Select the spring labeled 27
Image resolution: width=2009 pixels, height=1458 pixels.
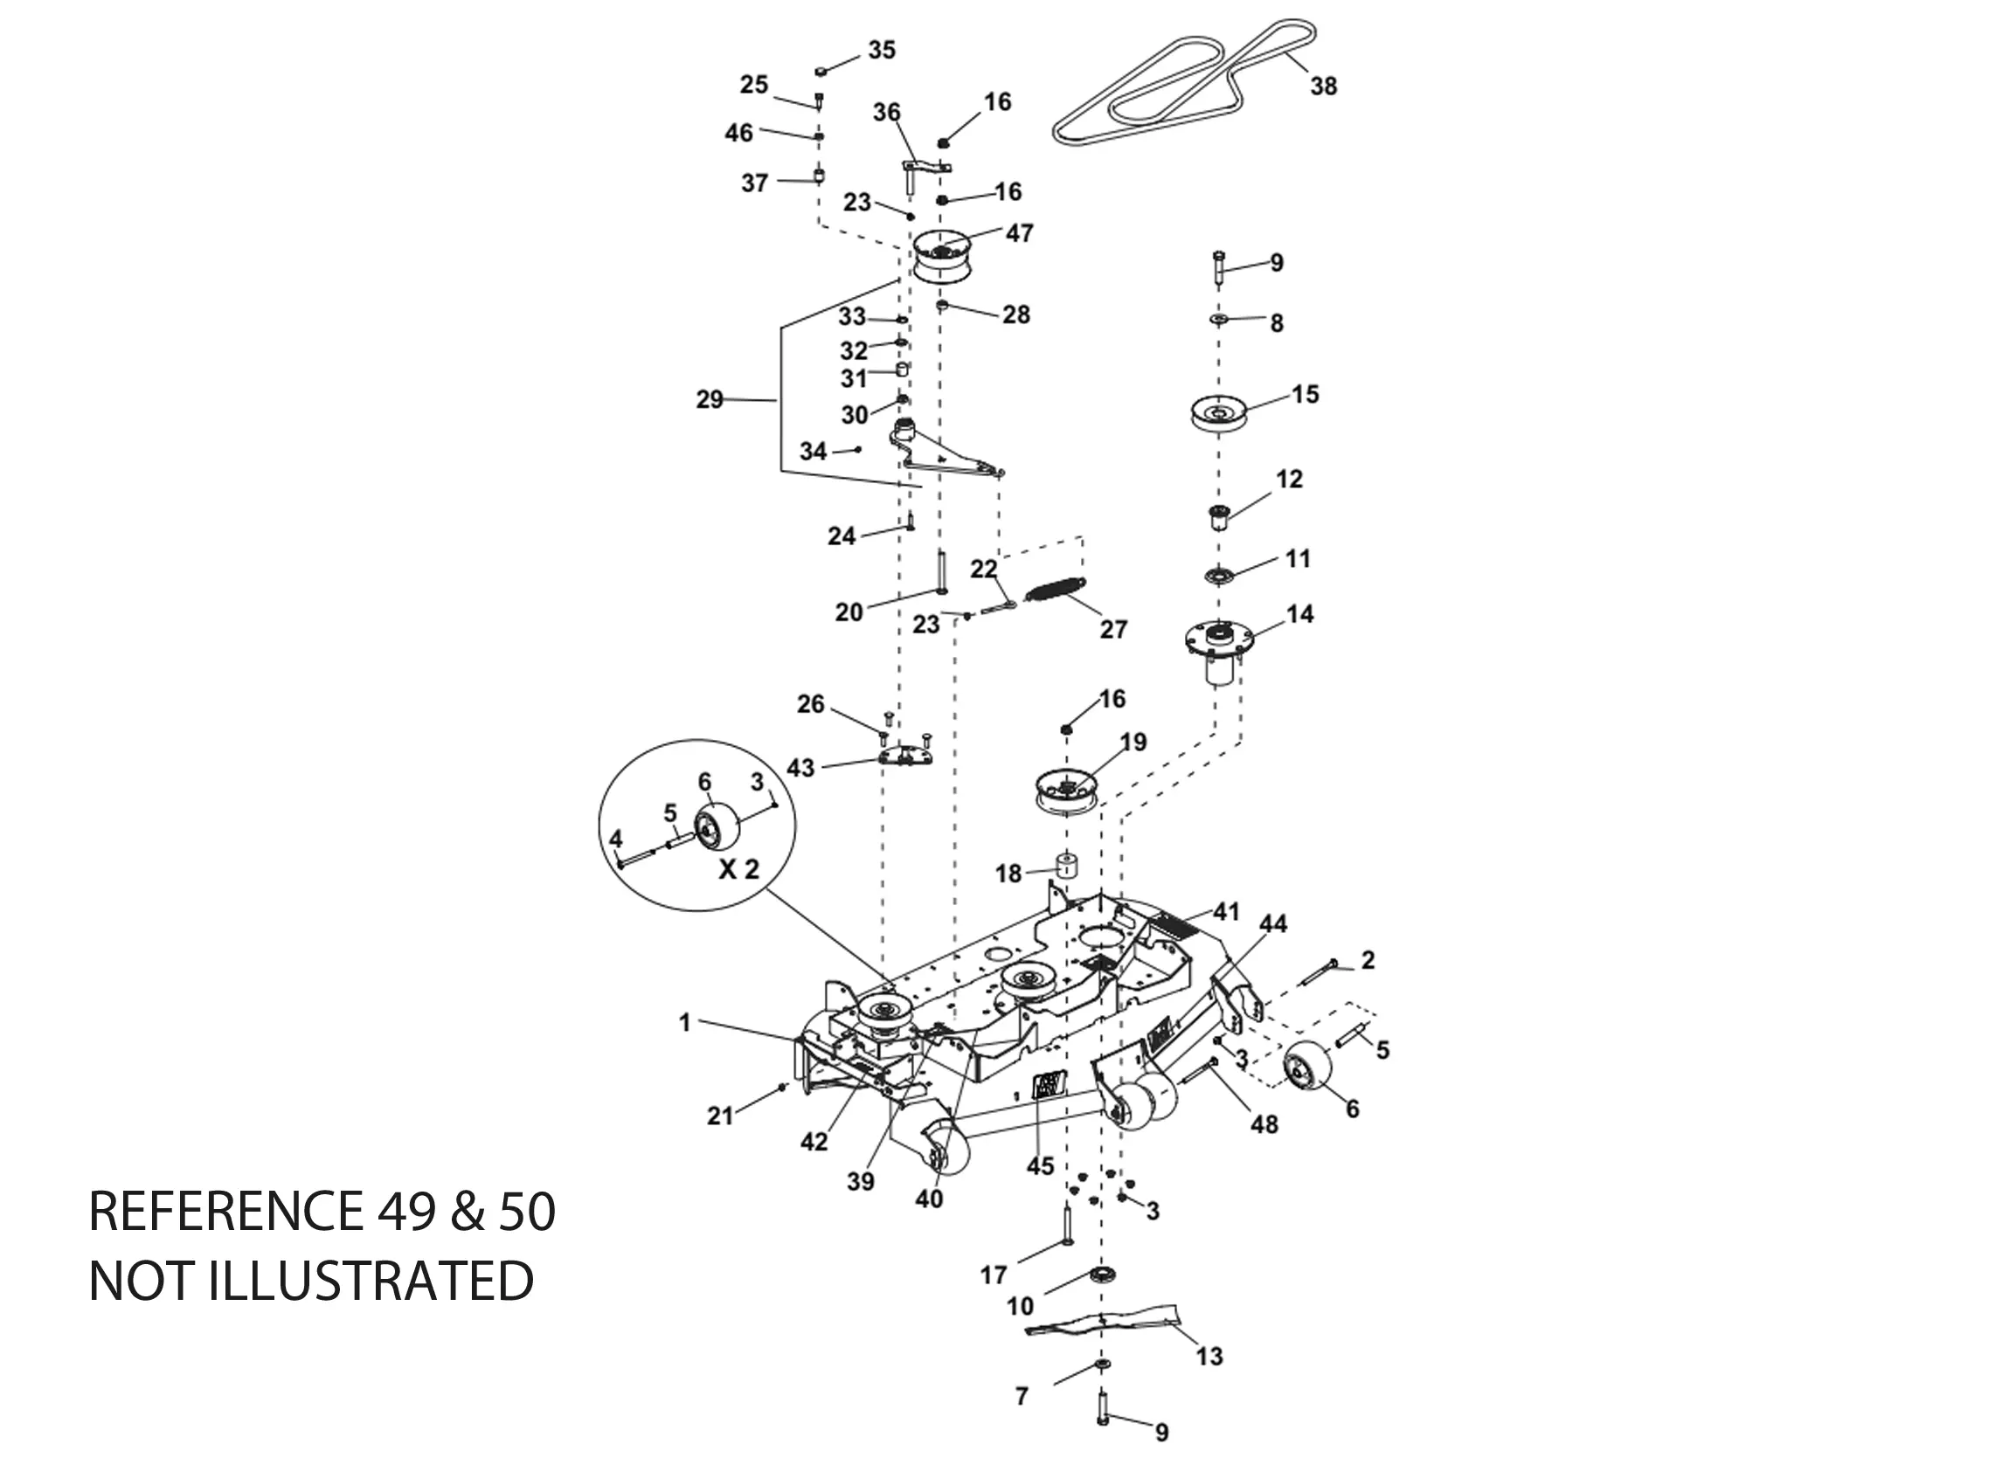tap(1054, 588)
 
